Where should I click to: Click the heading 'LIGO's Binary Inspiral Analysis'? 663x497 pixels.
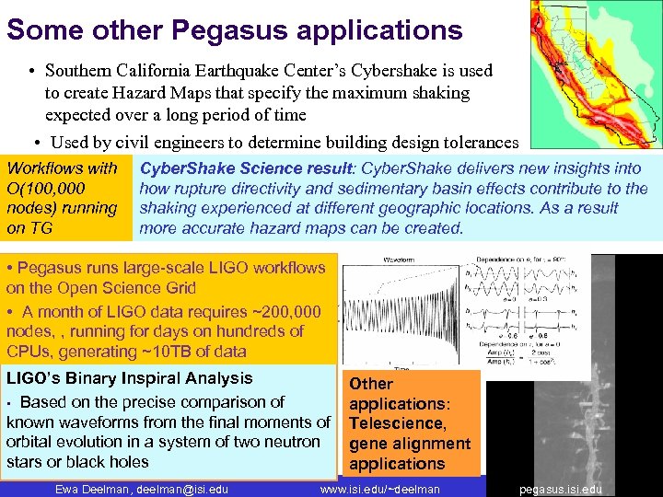[130, 378]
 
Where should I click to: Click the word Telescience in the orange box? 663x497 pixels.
[396, 423]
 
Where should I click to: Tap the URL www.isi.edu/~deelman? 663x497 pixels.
[380, 489]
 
